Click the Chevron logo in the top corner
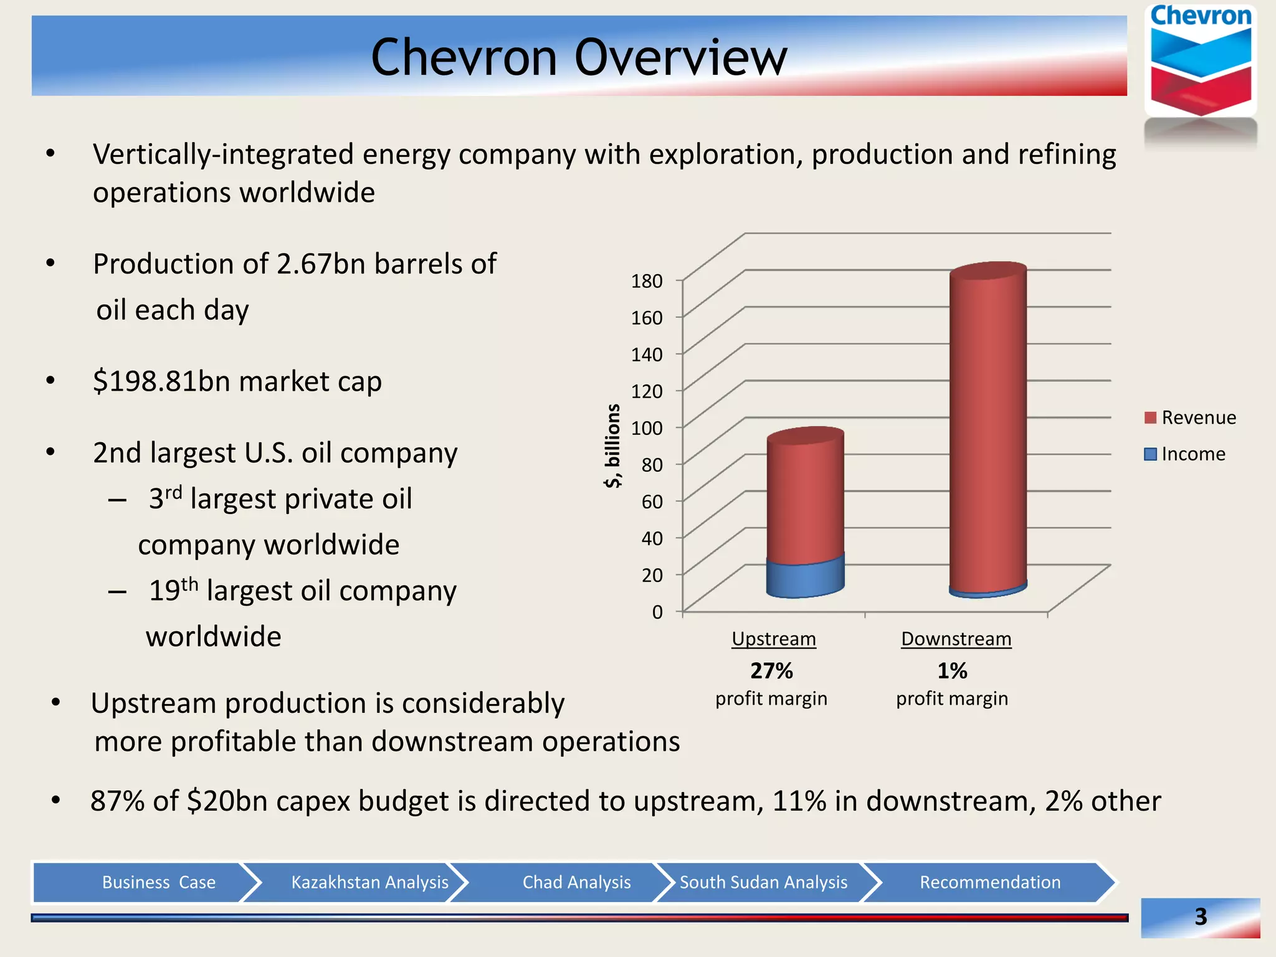coord(1200,62)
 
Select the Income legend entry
coord(1185,454)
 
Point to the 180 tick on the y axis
coord(647,281)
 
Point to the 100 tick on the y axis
coord(647,428)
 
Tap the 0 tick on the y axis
coord(657,612)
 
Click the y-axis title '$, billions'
coord(612,445)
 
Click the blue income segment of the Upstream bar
coord(805,579)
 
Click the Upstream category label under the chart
coord(773,639)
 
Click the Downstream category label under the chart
coord(956,639)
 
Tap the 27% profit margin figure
coord(771,671)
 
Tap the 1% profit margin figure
coord(952,671)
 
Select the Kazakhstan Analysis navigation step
coord(369,882)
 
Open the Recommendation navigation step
coord(989,882)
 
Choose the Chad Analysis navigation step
coord(576,882)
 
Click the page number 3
coord(1200,917)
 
